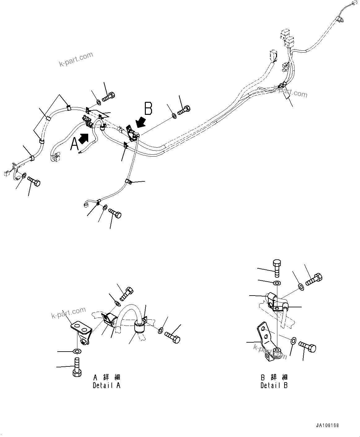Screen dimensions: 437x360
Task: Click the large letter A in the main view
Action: click(74, 144)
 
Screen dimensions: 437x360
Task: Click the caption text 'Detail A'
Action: click(106, 385)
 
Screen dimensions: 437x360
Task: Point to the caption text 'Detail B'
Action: click(274, 386)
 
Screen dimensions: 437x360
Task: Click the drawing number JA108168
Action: click(327, 425)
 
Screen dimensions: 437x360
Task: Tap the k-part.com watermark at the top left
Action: click(76, 59)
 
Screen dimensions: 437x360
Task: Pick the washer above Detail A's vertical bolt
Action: click(76, 351)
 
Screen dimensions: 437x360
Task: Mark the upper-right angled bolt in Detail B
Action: click(314, 279)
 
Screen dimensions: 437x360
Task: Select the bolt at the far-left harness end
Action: click(34, 181)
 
